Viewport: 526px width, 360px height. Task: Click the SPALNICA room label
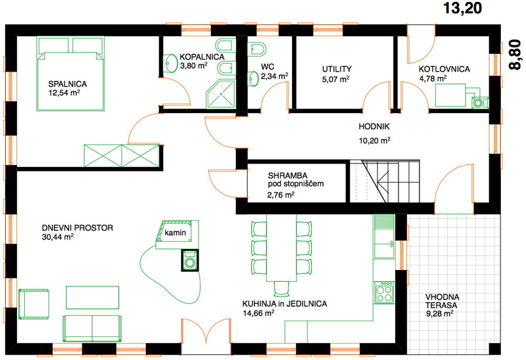tap(68, 84)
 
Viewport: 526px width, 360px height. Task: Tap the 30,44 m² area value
tap(58, 236)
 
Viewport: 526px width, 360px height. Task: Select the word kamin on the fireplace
tap(175, 233)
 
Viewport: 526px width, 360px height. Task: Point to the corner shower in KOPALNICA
tap(221, 94)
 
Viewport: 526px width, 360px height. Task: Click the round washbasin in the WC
tap(253, 78)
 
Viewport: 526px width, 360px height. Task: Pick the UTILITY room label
tap(337, 69)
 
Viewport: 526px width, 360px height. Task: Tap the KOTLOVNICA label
tap(444, 69)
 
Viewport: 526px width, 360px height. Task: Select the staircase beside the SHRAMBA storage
tap(385, 181)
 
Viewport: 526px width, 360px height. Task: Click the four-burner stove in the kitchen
tap(384, 292)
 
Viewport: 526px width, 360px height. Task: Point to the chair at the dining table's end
tap(281, 289)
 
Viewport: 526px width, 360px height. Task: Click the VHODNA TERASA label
tap(442, 301)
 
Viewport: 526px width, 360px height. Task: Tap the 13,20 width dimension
tap(463, 9)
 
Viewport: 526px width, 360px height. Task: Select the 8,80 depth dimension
tap(515, 55)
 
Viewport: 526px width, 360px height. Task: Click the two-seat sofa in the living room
tap(92, 328)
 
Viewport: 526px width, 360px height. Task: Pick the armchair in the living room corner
tap(34, 304)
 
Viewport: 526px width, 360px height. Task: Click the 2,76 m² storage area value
tap(281, 194)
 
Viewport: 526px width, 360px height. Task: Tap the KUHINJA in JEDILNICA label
tap(285, 304)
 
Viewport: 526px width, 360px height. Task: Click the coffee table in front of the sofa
tap(92, 298)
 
